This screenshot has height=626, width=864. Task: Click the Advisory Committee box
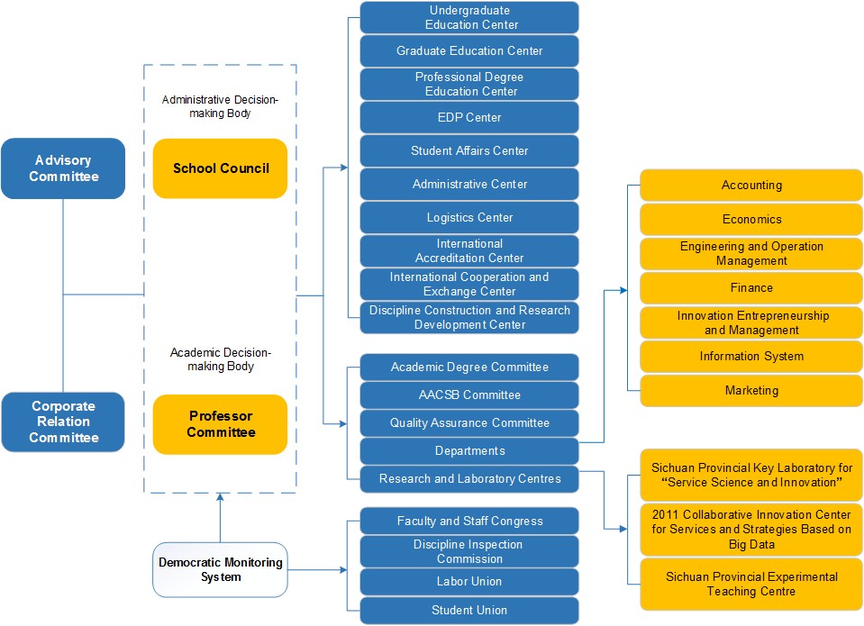pos(63,168)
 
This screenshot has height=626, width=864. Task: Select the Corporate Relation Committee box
pos(63,422)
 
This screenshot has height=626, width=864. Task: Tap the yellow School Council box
pos(221,168)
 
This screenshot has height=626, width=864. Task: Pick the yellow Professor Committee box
pos(221,424)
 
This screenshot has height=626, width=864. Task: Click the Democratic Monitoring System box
pos(220,569)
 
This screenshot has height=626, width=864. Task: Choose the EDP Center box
pos(469,117)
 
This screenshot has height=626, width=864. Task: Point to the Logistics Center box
pos(469,217)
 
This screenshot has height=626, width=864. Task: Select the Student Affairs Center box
pos(469,150)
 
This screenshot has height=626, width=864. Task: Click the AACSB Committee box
pos(469,395)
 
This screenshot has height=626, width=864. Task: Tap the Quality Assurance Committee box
pos(469,422)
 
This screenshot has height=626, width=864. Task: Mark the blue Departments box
pos(469,450)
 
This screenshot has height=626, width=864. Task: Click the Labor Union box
pos(469,582)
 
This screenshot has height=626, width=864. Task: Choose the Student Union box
pos(469,611)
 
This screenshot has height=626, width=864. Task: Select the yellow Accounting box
pos(751,186)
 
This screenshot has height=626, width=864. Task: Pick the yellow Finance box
pos(751,288)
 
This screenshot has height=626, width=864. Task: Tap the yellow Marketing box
pos(751,391)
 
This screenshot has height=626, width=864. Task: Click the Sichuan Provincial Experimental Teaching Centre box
pos(751,584)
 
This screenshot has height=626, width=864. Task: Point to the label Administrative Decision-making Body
pos(220,107)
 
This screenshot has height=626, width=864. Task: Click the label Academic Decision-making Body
pos(220,359)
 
